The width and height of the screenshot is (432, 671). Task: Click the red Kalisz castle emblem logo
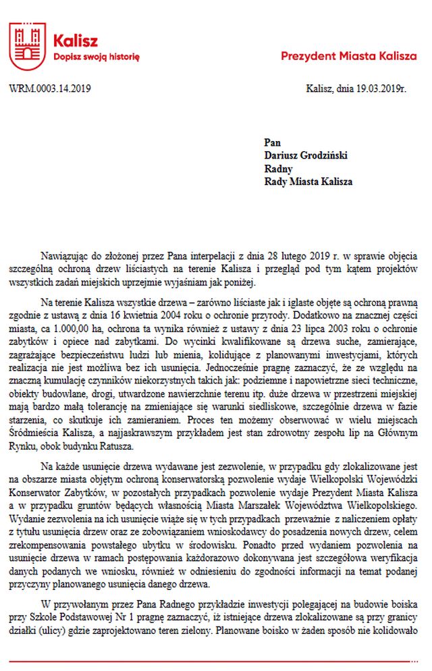(x=27, y=46)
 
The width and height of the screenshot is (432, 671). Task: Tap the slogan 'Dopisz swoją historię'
(x=96, y=58)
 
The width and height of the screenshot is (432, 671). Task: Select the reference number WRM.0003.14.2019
(x=51, y=88)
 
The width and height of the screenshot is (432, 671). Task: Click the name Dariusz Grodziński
(x=306, y=155)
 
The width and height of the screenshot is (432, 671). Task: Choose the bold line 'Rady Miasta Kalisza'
(x=308, y=182)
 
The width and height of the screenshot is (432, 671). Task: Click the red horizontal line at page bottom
(x=216, y=661)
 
